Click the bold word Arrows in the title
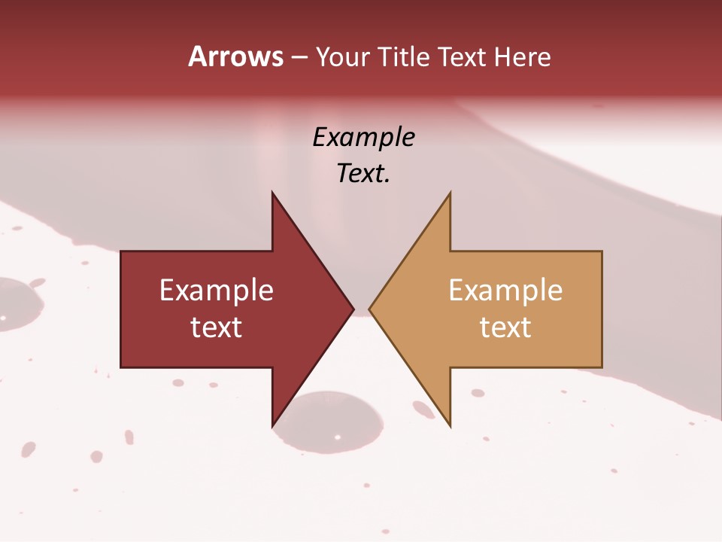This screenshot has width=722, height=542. click(236, 56)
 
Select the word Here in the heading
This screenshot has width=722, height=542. click(522, 56)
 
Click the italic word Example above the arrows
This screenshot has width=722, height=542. click(364, 137)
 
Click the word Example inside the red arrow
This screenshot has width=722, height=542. click(217, 290)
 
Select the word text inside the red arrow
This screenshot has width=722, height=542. click(217, 327)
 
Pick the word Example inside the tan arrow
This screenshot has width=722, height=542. click(505, 290)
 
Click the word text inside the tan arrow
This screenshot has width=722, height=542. click(505, 327)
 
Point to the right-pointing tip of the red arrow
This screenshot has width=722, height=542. click(353, 309)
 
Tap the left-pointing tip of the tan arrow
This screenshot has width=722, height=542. click(369, 309)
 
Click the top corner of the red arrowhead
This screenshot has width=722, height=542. click(272, 193)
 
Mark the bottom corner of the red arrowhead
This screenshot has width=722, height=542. click(272, 426)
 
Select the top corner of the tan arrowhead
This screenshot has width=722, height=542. click(450, 193)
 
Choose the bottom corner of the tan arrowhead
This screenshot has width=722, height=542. click(450, 426)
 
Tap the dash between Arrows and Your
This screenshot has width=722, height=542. click(299, 57)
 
